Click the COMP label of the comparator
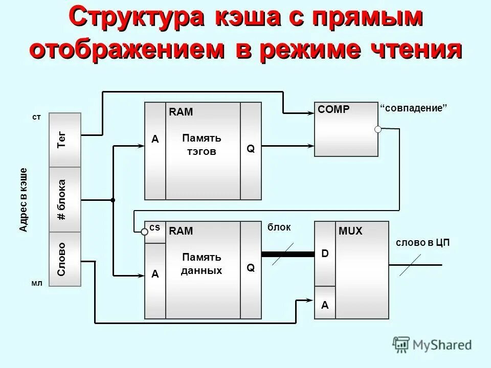tap(333, 109)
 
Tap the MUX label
tap(350, 232)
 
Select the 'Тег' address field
tap(64, 140)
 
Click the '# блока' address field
tap(64, 199)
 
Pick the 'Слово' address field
tap(64, 259)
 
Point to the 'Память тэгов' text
tap(202, 145)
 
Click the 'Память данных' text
tap(202, 264)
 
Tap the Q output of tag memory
tap(251, 149)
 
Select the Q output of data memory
tap(251, 267)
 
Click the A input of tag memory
tap(155, 139)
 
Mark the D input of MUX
tap(325, 254)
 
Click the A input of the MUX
tap(325, 305)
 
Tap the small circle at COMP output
tap(378, 129)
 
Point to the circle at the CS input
tap(145, 232)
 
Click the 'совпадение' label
tap(414, 108)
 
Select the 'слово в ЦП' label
tap(422, 243)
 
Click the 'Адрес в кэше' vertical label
tap(24, 199)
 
